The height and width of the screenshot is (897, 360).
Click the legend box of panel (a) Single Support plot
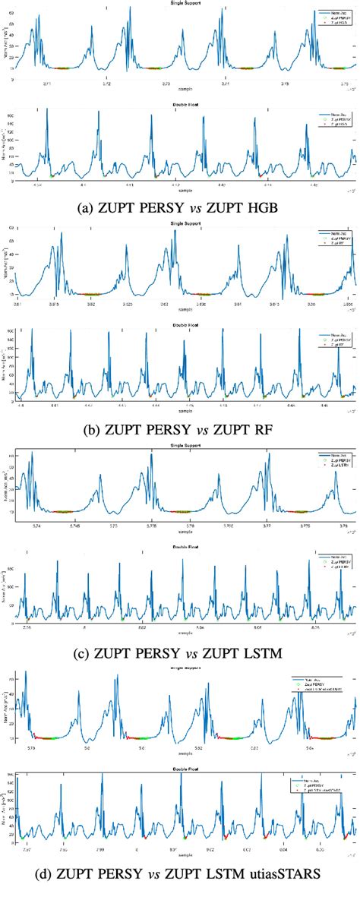click(325, 17)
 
